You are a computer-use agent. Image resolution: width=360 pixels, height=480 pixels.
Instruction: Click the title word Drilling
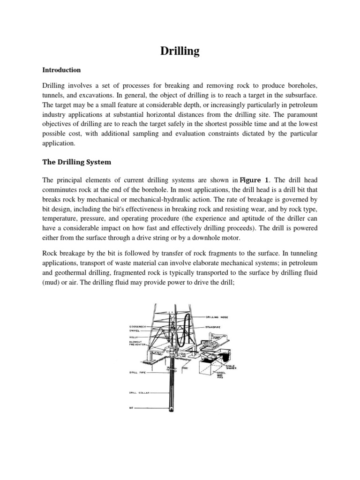click(x=180, y=51)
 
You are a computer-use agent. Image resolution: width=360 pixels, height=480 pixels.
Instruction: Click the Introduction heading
click(x=61, y=70)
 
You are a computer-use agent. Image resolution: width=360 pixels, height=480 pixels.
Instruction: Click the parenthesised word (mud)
click(x=52, y=281)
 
